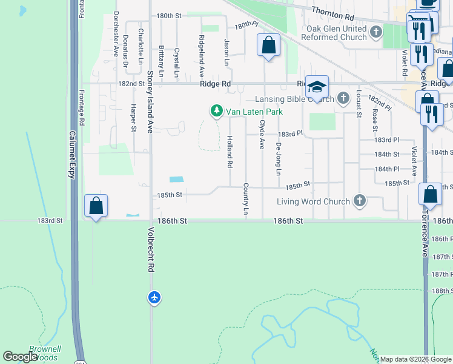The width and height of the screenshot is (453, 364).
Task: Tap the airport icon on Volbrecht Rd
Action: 154,297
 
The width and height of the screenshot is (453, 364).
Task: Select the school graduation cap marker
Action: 316,87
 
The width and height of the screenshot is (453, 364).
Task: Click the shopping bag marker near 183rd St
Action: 96,206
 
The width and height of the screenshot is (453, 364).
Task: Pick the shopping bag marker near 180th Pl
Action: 268,45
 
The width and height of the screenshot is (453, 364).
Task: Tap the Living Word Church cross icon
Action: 360,201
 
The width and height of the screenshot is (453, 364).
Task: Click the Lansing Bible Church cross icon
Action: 343,98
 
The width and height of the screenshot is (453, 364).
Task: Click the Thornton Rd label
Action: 332,11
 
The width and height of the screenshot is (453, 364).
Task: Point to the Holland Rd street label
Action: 230,152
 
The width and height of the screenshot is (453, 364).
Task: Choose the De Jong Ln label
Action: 279,159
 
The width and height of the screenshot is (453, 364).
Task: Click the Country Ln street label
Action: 246,198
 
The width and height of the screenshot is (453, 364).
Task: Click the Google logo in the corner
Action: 20,357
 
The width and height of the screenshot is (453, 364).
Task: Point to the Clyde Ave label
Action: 262,134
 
